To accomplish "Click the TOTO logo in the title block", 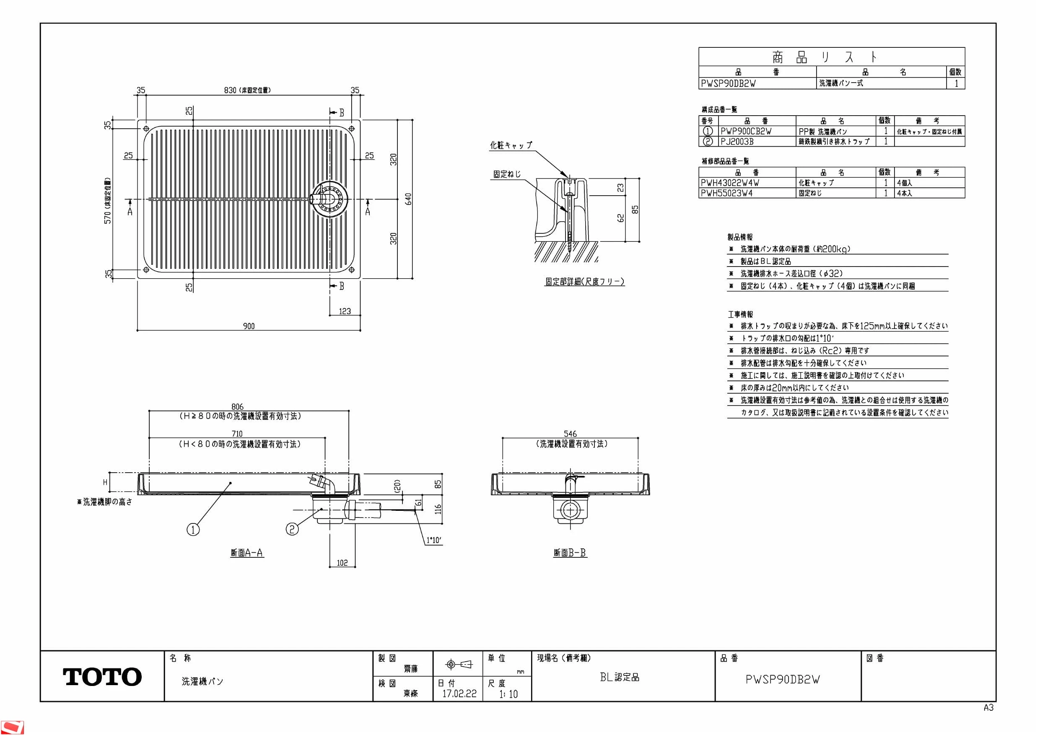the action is click(102, 677).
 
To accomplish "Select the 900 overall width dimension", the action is click(249, 326).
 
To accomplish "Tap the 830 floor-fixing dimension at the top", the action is click(230, 90).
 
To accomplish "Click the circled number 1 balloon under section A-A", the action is click(193, 529).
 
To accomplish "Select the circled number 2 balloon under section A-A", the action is click(292, 528).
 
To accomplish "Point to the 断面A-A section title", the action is click(247, 553).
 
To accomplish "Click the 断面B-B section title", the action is click(570, 553).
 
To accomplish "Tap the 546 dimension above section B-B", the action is click(570, 434).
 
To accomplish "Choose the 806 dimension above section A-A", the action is click(237, 406).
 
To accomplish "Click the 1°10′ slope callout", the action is click(434, 540).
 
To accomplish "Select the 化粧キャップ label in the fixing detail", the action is click(511, 145).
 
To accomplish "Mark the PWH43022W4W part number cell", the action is click(730, 183).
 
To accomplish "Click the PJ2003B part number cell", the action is click(737, 142).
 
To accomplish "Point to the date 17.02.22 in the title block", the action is click(459, 694).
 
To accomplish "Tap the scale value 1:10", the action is click(508, 694).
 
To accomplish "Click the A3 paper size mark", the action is click(988, 707).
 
